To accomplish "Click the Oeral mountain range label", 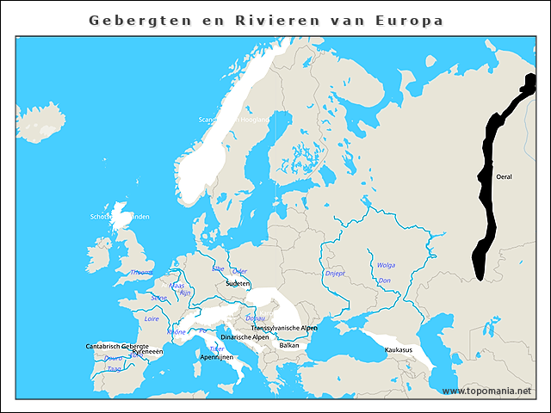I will [505, 176].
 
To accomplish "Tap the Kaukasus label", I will [399, 350].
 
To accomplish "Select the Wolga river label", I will [386, 265].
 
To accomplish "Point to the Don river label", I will [385, 280].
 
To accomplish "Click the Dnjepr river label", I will [335, 274].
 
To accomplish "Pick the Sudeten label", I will [238, 283].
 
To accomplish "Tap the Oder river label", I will [239, 270].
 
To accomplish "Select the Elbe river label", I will [218, 268].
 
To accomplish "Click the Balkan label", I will [289, 345].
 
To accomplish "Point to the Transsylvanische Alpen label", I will [284, 329].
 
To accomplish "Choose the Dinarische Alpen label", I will [245, 337].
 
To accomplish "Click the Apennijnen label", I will [216, 356].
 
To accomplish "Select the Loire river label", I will [152, 318].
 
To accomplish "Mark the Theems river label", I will [141, 272].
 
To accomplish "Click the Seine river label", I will [158, 298].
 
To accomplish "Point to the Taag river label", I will [114, 368].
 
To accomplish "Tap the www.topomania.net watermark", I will [487, 391].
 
